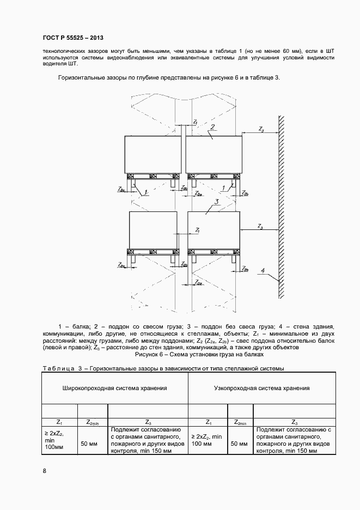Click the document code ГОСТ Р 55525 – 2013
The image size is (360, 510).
(x=72, y=38)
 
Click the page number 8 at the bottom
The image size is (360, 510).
(x=44, y=471)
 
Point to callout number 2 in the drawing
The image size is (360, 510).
(x=213, y=127)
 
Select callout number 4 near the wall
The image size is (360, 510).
(x=263, y=270)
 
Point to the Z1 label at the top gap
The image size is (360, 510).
(x=195, y=122)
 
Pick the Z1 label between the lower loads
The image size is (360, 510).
(x=197, y=231)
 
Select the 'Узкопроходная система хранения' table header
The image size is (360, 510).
(x=262, y=388)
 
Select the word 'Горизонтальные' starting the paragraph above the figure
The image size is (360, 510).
(x=81, y=78)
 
